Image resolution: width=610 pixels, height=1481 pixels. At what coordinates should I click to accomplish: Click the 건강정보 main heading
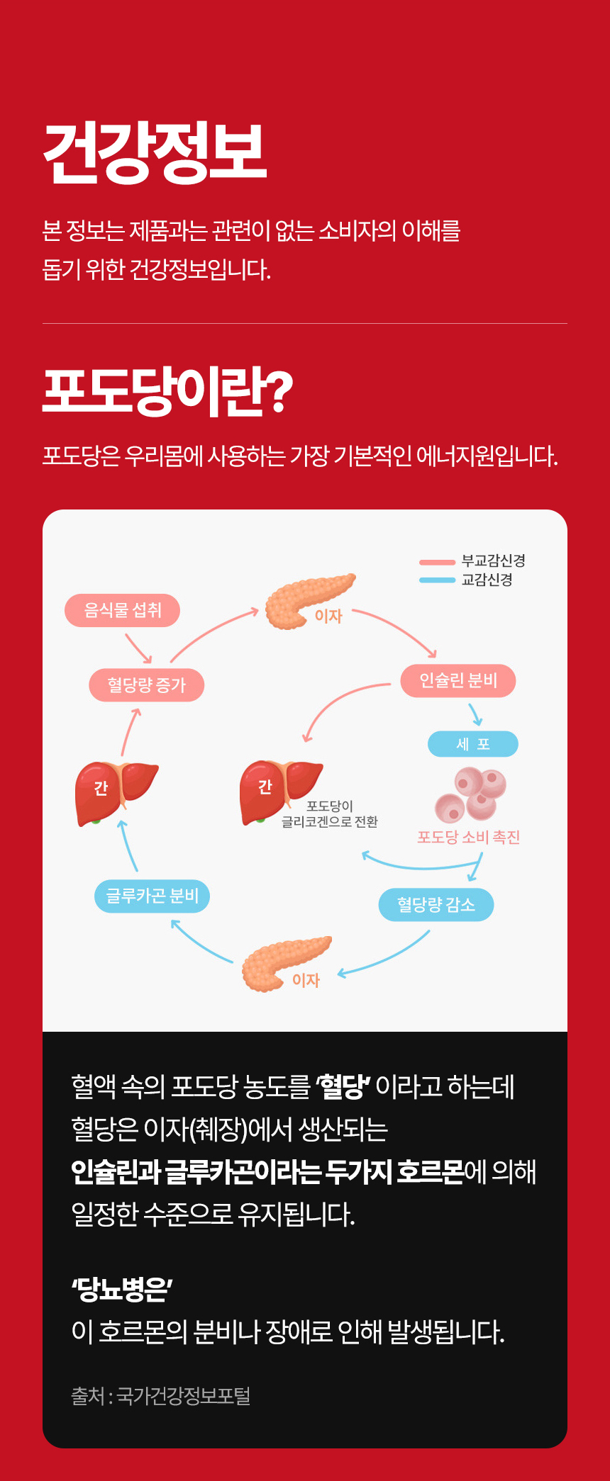155,152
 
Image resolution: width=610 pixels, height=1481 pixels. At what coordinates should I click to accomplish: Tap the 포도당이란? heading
167,390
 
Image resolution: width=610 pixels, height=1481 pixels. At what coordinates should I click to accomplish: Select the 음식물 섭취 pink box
122,610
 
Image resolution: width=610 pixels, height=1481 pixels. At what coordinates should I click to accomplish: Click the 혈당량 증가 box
146,685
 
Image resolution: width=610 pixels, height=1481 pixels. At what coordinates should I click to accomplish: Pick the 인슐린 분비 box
458,681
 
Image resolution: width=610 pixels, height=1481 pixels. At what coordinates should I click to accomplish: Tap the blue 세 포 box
473,744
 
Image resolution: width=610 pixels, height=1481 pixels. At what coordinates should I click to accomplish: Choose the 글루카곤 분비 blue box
152,896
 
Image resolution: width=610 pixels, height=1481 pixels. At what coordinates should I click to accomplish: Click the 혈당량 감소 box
436,905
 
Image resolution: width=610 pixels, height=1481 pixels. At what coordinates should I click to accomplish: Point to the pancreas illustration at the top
309,601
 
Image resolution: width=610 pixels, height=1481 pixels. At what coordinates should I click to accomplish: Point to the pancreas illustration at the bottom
286,964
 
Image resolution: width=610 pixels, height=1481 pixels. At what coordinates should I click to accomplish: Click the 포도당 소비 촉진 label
469,838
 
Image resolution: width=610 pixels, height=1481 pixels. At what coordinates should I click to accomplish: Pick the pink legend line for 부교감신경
437,563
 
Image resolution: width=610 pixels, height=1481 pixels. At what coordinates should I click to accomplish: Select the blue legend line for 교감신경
437,580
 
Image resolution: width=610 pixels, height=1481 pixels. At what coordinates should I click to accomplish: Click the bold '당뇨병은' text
122,1289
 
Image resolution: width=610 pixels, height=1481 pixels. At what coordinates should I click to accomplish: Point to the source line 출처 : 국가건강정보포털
161,1395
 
